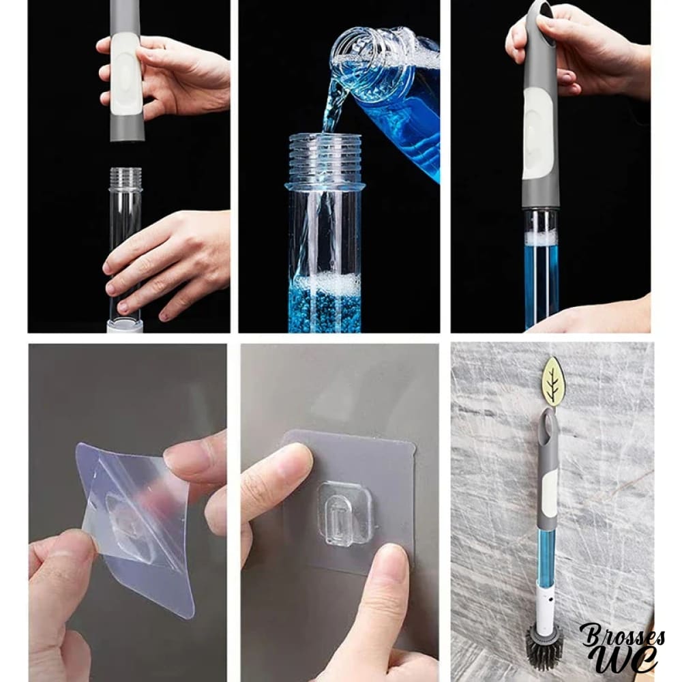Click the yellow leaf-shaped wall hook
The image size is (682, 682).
point(553,379)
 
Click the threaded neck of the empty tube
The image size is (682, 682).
point(125,178)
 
